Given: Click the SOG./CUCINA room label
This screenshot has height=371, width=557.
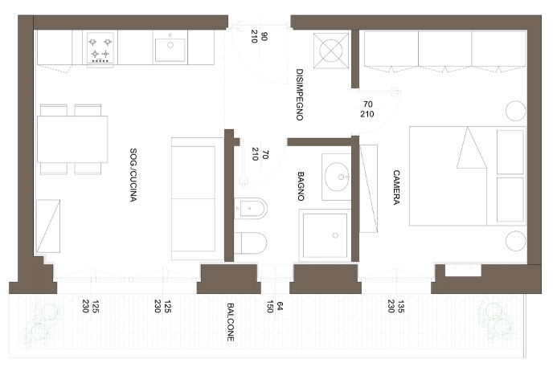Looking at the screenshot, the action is tap(133, 175).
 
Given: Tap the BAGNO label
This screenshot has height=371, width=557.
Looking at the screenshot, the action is tap(301, 186).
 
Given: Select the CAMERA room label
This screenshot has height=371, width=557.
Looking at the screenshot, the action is tap(396, 187).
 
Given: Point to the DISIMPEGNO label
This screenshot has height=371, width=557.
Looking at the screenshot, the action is tap(300, 95).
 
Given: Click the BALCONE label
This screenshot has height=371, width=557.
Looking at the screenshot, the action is tap(230, 322).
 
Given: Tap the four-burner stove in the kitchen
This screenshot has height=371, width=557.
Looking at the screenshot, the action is tap(100, 48).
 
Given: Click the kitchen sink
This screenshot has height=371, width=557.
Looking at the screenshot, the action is tap(170, 49).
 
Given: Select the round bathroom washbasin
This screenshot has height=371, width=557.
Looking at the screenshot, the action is tap(337, 177).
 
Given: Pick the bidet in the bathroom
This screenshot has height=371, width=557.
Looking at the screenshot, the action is tap(251, 209).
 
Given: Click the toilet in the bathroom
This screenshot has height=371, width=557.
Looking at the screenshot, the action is tap(251, 243).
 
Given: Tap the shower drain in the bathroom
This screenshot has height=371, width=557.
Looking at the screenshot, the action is tap(335, 235).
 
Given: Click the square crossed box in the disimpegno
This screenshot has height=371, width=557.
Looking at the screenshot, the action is tap(331, 51).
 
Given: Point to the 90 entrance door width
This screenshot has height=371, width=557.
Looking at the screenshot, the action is tap(264, 36).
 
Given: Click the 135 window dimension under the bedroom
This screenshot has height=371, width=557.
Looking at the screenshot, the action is tap(401, 307).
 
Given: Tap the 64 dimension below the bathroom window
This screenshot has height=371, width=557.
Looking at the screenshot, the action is tap(280, 306).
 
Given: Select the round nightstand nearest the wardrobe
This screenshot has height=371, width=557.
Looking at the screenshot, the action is tap(515, 110).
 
